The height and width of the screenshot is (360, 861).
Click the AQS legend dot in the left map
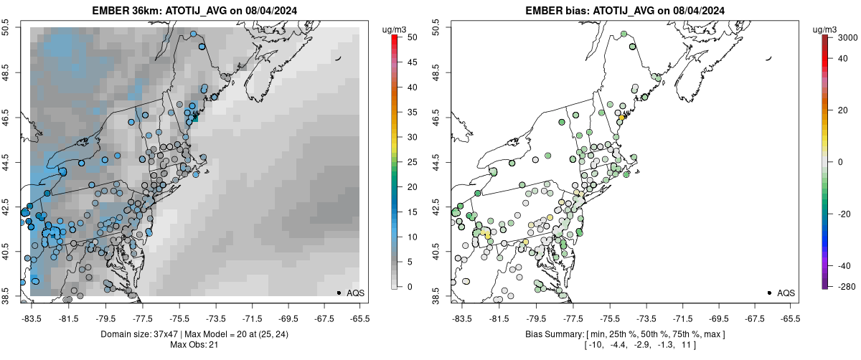point(339,293)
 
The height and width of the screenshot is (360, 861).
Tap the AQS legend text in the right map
point(786,293)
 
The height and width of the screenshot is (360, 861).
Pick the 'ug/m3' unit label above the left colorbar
point(396,29)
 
